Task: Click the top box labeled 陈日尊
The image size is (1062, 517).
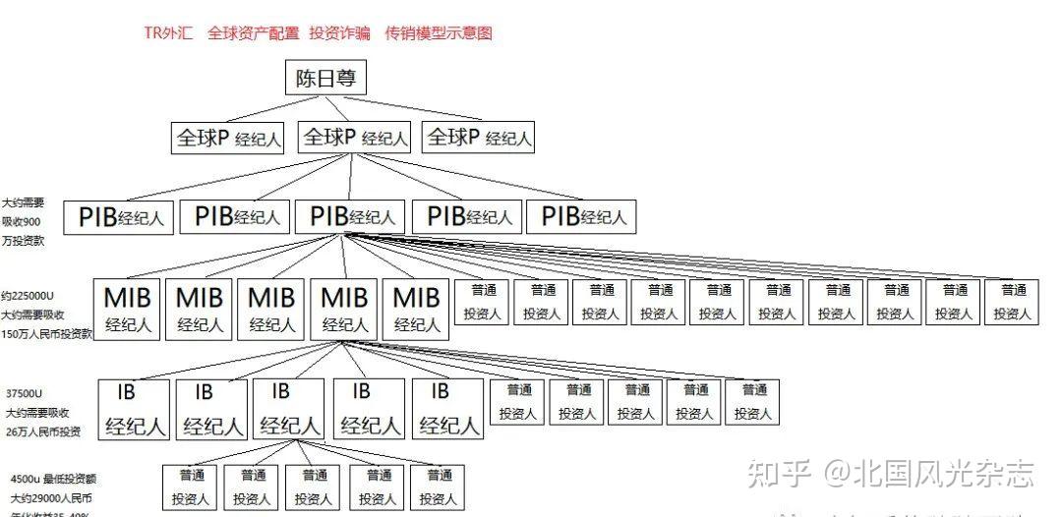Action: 325,77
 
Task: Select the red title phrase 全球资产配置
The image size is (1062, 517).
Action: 254,33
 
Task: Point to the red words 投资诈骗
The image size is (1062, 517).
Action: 339,33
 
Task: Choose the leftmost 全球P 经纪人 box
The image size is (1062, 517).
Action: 228,139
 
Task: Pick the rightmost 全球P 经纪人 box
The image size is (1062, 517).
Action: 479,139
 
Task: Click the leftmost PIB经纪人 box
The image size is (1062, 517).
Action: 120,217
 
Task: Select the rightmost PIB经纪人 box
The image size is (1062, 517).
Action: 582,217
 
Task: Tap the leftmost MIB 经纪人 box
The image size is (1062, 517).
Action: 129,309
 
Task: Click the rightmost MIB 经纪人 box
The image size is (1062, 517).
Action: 416,309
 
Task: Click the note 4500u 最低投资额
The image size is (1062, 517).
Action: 54,479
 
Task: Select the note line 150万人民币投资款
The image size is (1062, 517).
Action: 47,333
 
